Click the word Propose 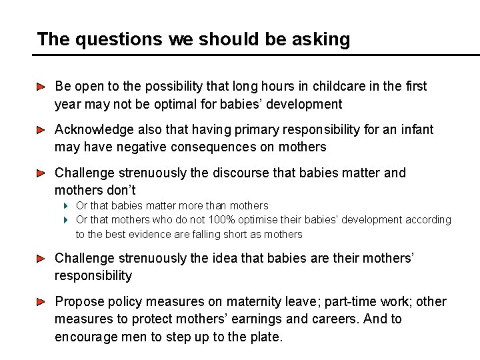pos(78,302)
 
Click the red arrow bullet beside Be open pos(41,87)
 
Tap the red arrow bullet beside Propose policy pos(41,302)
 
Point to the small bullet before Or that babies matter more pos(67,206)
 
